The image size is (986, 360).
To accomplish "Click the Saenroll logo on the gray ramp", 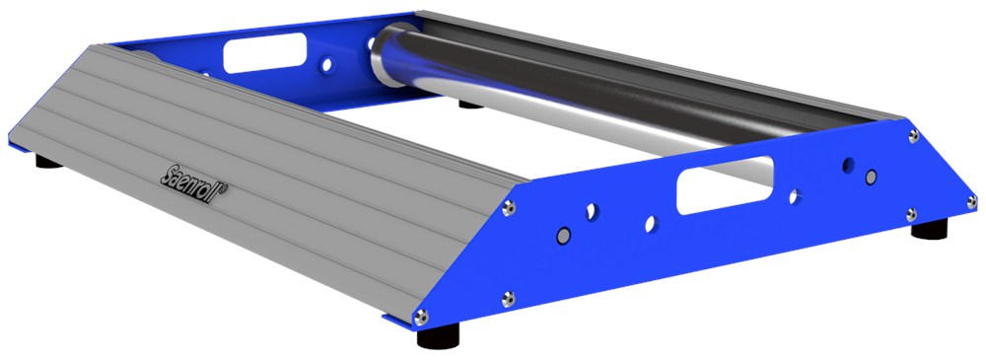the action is [193, 184].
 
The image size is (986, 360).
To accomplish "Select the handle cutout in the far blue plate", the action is [264, 52].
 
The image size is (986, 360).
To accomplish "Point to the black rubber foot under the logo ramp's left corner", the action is [48, 162].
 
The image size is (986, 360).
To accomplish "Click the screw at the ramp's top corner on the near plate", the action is [509, 207].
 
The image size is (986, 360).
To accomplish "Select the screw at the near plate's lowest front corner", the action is [421, 317].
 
